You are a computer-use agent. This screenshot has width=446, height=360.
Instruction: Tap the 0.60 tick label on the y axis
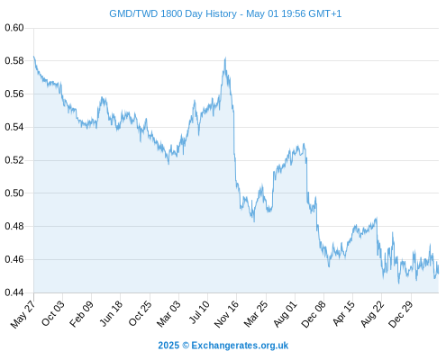coord(14,28)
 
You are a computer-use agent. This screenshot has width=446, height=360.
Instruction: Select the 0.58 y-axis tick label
coord(14,61)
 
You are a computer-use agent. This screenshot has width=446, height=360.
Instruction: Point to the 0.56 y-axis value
coord(14,94)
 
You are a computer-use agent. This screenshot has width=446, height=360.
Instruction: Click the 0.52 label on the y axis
coord(14,160)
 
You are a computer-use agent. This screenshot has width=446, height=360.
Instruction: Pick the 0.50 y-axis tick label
coord(14,193)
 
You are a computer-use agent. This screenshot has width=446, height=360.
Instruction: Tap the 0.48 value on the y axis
coord(14,226)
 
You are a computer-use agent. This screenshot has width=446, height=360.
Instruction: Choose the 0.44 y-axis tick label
coord(14,292)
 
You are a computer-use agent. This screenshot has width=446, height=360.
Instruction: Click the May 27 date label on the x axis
coord(23,314)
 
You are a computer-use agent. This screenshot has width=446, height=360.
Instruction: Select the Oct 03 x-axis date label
coord(52,313)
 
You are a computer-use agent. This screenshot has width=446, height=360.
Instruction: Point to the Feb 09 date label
coord(81,314)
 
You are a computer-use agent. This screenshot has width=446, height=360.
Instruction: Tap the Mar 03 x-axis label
coord(168,314)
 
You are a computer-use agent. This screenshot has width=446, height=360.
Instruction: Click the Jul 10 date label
coord(199,312)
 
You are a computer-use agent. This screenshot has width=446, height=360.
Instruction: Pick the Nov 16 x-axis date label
coord(226,314)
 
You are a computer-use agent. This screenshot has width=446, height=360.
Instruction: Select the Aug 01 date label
coord(286,314)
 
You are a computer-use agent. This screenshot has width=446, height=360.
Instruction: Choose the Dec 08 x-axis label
coord(314,314)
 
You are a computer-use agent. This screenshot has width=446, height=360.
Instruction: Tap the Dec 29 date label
coord(401,314)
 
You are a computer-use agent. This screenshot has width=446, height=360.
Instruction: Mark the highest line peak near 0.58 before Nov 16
coord(225,58)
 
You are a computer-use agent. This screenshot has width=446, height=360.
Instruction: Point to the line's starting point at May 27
coord(34,56)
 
